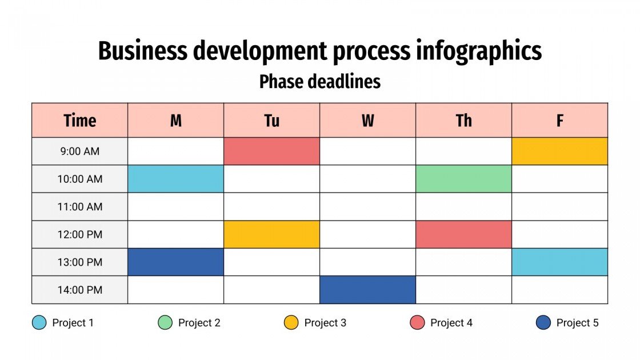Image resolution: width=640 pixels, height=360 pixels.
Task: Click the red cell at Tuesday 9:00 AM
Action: coord(271,151)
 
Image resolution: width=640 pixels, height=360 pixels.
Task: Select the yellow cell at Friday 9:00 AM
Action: coord(559,151)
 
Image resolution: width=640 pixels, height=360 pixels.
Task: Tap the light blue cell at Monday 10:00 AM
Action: coord(175,179)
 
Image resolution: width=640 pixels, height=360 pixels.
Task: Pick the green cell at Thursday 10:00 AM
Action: coord(463,179)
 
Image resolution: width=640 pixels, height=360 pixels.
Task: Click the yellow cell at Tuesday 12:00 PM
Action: coord(271,234)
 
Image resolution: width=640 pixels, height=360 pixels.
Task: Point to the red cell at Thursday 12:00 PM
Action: coord(463,234)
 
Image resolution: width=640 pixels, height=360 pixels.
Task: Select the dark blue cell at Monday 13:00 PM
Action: coord(175,262)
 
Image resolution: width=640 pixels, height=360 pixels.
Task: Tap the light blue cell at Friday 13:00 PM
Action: coord(559,262)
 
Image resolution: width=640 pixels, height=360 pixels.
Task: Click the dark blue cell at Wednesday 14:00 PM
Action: coord(367,290)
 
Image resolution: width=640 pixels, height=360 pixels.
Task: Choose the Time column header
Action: coord(79,121)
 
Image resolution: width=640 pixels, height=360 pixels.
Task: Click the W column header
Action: coord(367,121)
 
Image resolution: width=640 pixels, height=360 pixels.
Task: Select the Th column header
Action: coord(463,121)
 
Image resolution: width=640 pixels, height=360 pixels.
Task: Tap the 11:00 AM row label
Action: coord(79,207)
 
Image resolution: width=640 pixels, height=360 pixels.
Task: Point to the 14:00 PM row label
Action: coord(79,290)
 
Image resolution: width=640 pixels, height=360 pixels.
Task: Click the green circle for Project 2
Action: coord(165,323)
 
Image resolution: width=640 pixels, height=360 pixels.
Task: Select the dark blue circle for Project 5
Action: coord(543,323)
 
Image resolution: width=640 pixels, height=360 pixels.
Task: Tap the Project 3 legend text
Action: coord(325,323)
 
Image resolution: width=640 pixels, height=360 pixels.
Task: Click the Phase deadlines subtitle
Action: coord(319,82)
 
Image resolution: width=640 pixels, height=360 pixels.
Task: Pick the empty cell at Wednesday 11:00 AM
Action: coord(367,207)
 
